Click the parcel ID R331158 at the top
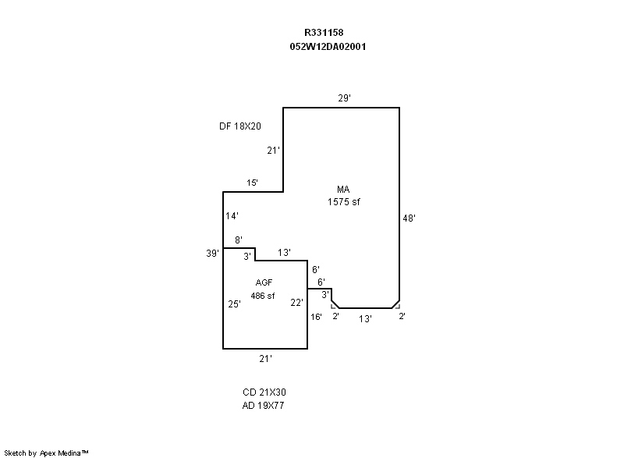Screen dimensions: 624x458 point(324,33)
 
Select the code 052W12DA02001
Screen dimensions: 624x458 point(328,47)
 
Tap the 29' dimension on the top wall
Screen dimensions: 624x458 point(344,98)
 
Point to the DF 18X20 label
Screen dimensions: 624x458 point(240,126)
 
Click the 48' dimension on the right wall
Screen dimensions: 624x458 point(409,218)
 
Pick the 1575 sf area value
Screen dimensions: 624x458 point(343,202)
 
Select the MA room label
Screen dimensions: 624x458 point(343,190)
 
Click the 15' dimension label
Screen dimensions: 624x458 point(252,183)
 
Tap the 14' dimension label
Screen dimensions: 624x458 point(232,215)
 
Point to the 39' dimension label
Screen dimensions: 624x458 point(212,253)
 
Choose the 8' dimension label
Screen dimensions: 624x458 point(239,240)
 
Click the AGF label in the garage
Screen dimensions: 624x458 point(264,282)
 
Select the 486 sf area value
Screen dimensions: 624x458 point(263,296)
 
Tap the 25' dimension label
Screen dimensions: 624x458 point(235,304)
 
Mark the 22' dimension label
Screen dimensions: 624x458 point(296,303)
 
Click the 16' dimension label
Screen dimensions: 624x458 point(316,317)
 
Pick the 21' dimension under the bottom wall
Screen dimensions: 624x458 point(265,359)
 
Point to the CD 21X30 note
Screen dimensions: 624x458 point(264,392)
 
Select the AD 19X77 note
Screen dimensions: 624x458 point(263,406)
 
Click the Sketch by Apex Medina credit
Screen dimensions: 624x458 point(47,453)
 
